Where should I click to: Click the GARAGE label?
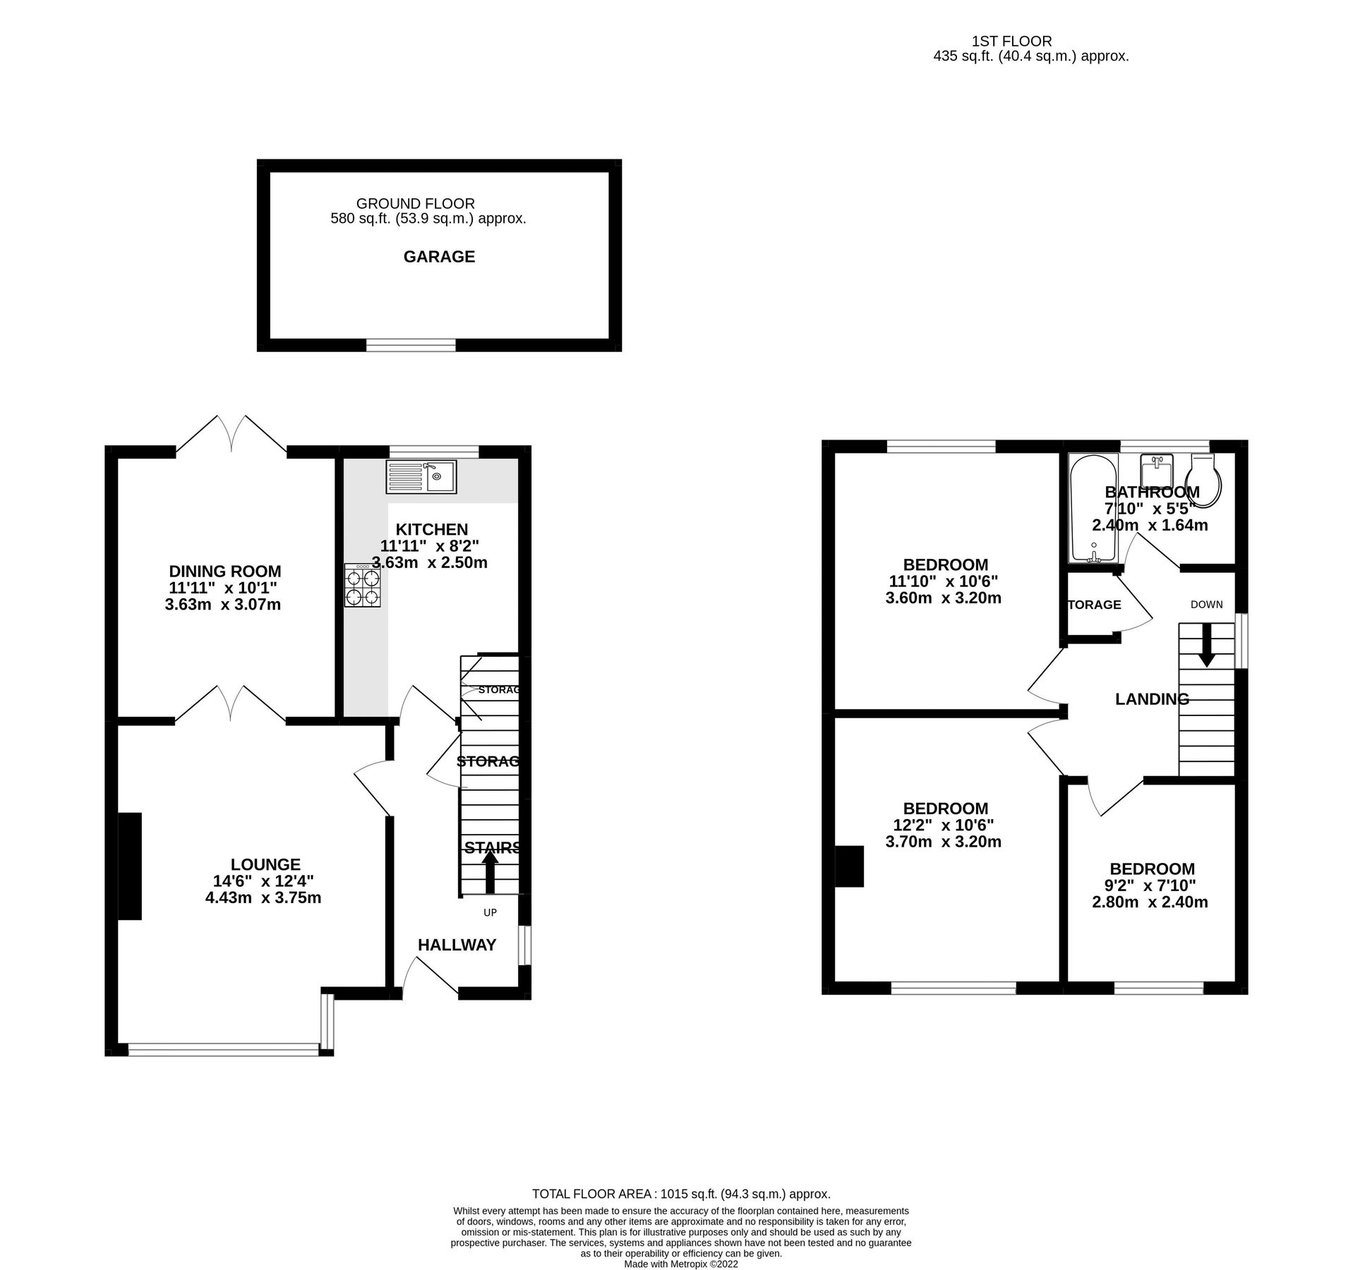pyautogui.click(x=439, y=257)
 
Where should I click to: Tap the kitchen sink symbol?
pyautogui.click(x=421, y=476)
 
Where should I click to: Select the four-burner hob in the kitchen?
pyautogui.click(x=363, y=585)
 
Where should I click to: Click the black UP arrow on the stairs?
pyautogui.click(x=488, y=873)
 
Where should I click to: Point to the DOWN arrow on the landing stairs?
pyautogui.click(x=1206, y=644)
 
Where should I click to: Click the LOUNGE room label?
pyautogui.click(x=265, y=864)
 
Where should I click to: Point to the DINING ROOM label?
pyautogui.click(x=224, y=571)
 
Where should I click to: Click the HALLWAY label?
pyautogui.click(x=457, y=945)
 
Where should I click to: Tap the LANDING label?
pyautogui.click(x=1152, y=699)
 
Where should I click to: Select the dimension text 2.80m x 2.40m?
pyautogui.click(x=1150, y=902)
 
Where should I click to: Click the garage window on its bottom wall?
pyautogui.click(x=411, y=345)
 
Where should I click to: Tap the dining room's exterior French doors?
pyautogui.click(x=231, y=434)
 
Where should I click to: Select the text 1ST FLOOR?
pyautogui.click(x=1011, y=42)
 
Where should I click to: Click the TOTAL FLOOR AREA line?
pyautogui.click(x=680, y=1194)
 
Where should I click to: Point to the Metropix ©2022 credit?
pyautogui.click(x=680, y=1264)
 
